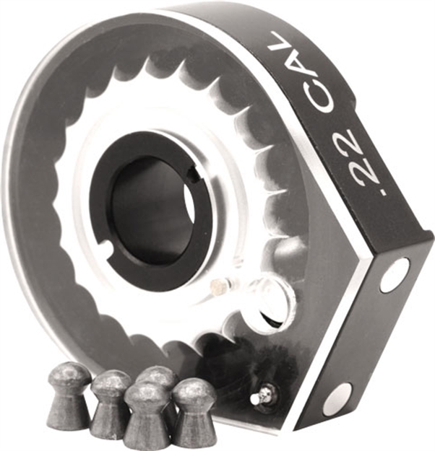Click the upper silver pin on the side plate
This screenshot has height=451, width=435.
tap(395, 275)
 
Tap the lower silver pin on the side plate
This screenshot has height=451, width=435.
tap(337, 399)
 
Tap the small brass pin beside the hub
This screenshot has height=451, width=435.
tap(215, 287)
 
